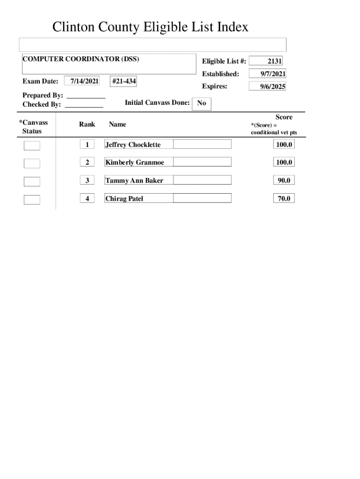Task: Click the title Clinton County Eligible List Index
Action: [x=150, y=27]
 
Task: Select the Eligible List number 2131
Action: [x=266, y=61]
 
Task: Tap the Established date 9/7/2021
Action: [x=267, y=74]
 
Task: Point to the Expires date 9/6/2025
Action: [x=267, y=87]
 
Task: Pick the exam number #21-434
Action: [x=124, y=81]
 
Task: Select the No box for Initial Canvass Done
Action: [x=202, y=103]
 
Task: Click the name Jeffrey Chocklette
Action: [x=133, y=145]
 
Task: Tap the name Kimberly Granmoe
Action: [x=135, y=162]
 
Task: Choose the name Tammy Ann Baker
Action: [x=134, y=180]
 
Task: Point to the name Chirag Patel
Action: [x=124, y=199]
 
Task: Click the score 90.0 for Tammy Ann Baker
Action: [x=284, y=180]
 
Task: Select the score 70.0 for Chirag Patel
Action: [x=284, y=199]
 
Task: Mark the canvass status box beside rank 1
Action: [x=32, y=145]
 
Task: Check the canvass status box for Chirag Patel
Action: [x=32, y=200]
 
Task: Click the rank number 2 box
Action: [x=87, y=162]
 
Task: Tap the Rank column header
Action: [x=87, y=124]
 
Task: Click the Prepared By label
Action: [x=43, y=95]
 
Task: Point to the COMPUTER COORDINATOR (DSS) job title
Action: [x=81, y=59]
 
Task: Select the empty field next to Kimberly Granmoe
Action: [x=202, y=162]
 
